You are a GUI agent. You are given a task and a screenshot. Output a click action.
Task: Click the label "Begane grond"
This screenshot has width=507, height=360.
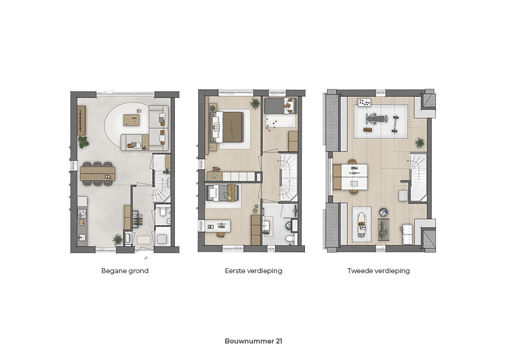pyautogui.click(x=125, y=271)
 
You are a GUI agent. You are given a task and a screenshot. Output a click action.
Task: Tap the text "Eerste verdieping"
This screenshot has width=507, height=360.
pyautogui.click(x=253, y=271)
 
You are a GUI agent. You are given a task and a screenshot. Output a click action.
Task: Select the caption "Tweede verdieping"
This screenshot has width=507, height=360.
pyautogui.click(x=378, y=271)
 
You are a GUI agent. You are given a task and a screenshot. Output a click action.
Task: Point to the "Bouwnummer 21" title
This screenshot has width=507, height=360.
pyautogui.click(x=253, y=341)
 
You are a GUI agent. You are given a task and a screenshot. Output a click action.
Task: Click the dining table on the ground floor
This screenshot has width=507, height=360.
pyautogui.click(x=98, y=174)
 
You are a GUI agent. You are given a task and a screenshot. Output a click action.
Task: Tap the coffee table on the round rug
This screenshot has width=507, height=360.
pyautogui.click(x=132, y=120)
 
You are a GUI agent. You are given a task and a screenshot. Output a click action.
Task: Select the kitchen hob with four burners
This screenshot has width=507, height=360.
pyautogui.click(x=82, y=214)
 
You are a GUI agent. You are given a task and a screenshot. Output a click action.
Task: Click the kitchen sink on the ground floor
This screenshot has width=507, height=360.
pyautogui.click(x=82, y=238)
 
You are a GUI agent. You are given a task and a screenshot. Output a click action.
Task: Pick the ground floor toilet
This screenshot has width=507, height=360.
pyautogui.click(x=162, y=212)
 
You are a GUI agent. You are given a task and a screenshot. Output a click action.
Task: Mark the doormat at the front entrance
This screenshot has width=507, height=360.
pyautogui.click(x=144, y=240)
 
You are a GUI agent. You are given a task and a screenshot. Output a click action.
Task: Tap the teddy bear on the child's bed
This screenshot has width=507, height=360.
pyautogui.click(x=287, y=104)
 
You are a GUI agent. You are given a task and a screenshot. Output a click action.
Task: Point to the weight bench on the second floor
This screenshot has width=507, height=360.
pyautogui.click(x=376, y=119)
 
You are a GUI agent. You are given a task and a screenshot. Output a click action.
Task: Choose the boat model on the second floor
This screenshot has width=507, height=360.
pyautogui.click(x=361, y=224)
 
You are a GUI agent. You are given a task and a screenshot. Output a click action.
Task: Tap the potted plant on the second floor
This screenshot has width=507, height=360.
pyautogui.click(x=420, y=143)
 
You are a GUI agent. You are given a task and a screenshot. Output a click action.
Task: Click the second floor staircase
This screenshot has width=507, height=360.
pyautogui.click(x=419, y=177)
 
